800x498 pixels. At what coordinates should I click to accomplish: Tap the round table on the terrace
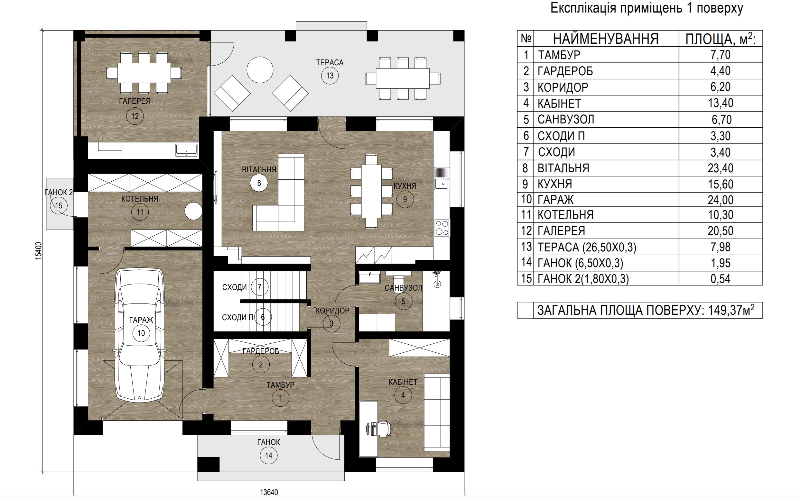coord(260,69)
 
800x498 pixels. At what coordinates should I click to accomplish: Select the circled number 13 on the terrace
coord(330,76)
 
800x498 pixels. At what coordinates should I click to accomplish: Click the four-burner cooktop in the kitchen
coord(442,228)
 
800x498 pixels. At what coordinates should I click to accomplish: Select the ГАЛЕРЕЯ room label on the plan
coord(135,101)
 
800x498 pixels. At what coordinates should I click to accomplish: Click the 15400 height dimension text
coord(39,251)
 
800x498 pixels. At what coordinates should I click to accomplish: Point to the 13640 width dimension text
coord(269,492)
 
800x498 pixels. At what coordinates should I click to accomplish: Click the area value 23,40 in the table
coord(721,168)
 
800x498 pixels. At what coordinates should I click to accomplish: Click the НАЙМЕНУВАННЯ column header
coord(606,39)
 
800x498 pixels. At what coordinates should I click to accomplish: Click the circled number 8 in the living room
coord(259,183)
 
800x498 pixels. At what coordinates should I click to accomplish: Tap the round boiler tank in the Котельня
coord(193,211)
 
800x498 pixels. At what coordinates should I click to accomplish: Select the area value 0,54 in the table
coord(721,279)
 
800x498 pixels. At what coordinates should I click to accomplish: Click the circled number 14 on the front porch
coord(269,456)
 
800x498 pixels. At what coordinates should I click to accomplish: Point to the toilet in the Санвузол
coord(398,273)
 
